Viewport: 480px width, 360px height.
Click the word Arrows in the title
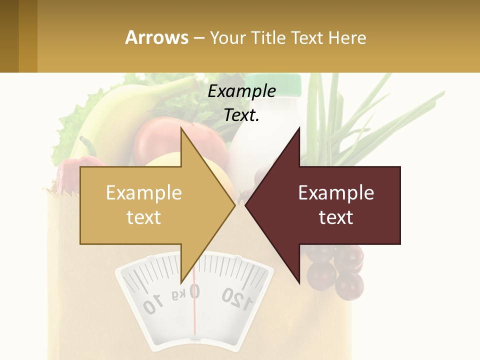point(156,37)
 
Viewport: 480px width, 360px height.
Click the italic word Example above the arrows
point(241,91)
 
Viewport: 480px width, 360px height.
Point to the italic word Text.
point(241,115)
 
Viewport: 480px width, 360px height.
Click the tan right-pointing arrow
point(150,205)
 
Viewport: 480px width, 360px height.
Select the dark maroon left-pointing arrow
point(330,205)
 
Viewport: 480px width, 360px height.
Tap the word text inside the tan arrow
point(143,217)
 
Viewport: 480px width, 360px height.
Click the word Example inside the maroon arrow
point(336,192)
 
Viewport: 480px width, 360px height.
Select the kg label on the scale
point(178,295)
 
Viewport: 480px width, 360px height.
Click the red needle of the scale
point(194,315)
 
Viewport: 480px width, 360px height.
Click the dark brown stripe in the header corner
point(9,36)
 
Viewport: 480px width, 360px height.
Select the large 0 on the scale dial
point(194,291)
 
